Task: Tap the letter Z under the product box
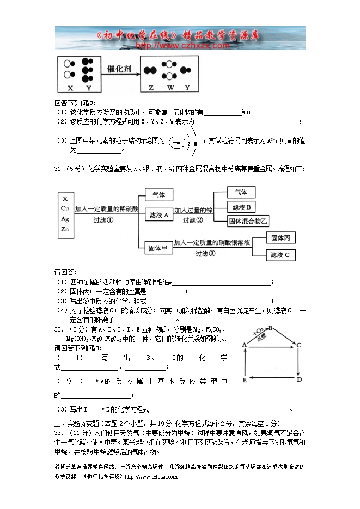pos(151,88)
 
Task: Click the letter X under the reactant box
pos(70,88)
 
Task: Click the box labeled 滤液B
pos(241,207)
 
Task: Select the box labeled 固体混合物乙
pos(249,220)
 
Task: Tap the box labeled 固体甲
pos(158,248)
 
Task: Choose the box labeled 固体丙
pos(282,238)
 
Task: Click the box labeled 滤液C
pos(282,255)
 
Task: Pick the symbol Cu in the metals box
pos(65,208)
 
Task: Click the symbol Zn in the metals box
pos(65,229)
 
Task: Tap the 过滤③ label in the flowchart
pos(206,254)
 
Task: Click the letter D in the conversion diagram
pos(299,379)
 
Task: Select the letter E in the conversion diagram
pos(245,379)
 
